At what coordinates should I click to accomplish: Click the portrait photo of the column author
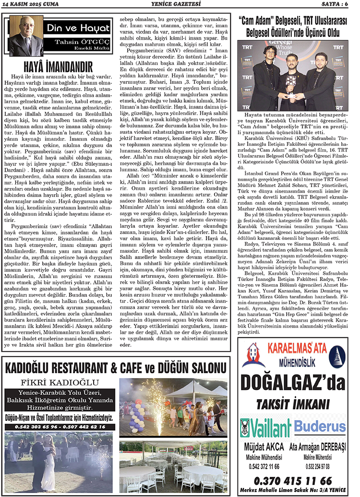pyautogui.click(x=26, y=36)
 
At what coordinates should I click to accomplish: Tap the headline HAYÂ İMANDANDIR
pyautogui.click(x=58, y=67)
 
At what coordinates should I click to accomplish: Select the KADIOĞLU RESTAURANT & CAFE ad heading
pyautogui.click(x=115, y=368)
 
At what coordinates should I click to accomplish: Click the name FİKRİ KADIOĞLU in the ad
pyautogui.click(x=58, y=383)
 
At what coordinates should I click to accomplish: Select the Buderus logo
pyautogui.click(x=320, y=426)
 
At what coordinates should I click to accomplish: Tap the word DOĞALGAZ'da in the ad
pyautogui.click(x=292, y=382)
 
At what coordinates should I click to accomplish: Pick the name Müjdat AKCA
pyautogui.click(x=265, y=448)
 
